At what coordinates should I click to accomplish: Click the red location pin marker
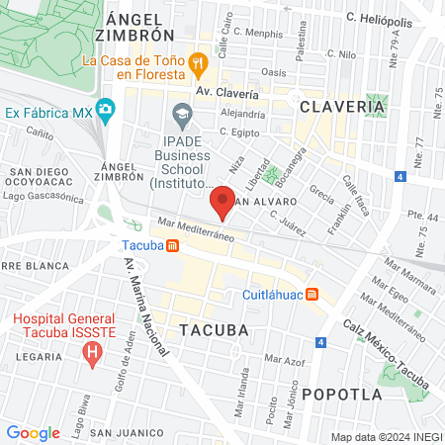223,200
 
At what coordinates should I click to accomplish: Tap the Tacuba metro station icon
173,245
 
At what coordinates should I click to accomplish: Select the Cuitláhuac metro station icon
312,295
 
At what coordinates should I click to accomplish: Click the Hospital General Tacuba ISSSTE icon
93,352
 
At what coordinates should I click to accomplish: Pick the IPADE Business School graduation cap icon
182,117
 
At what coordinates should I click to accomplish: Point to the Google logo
33,432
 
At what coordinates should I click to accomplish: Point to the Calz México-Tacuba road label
382,343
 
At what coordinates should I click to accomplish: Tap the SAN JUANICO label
127,433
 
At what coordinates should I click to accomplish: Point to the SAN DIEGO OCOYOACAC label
41,177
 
